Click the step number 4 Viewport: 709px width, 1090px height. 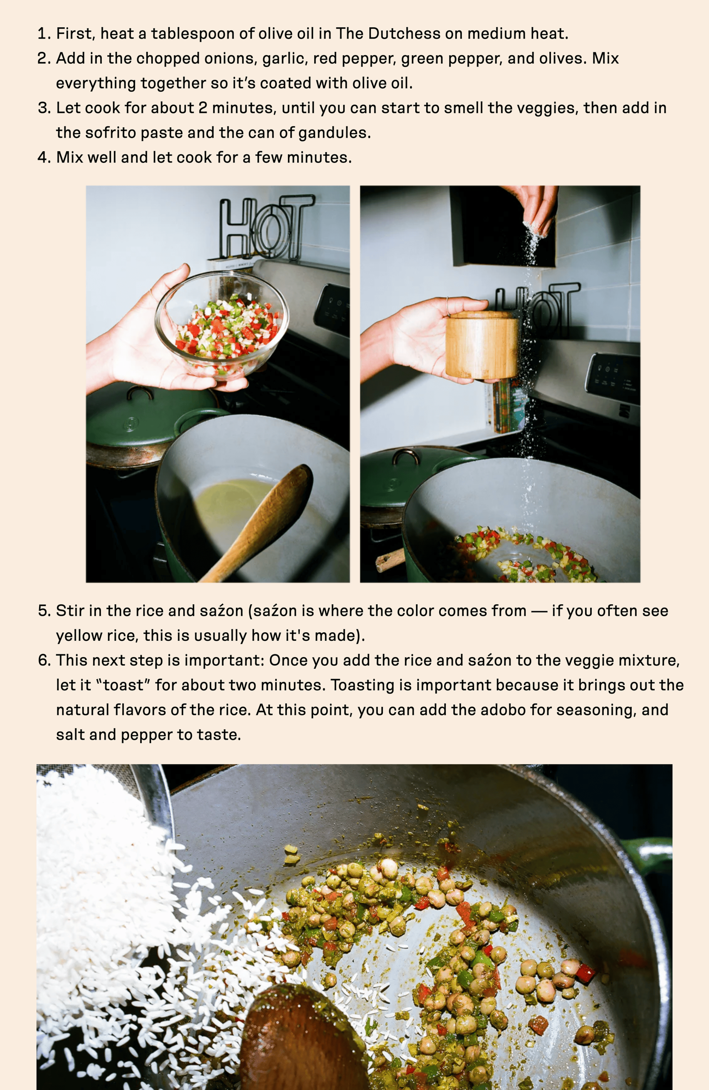(43, 158)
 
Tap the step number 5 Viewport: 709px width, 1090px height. (43, 611)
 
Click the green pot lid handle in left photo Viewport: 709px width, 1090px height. (140, 393)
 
